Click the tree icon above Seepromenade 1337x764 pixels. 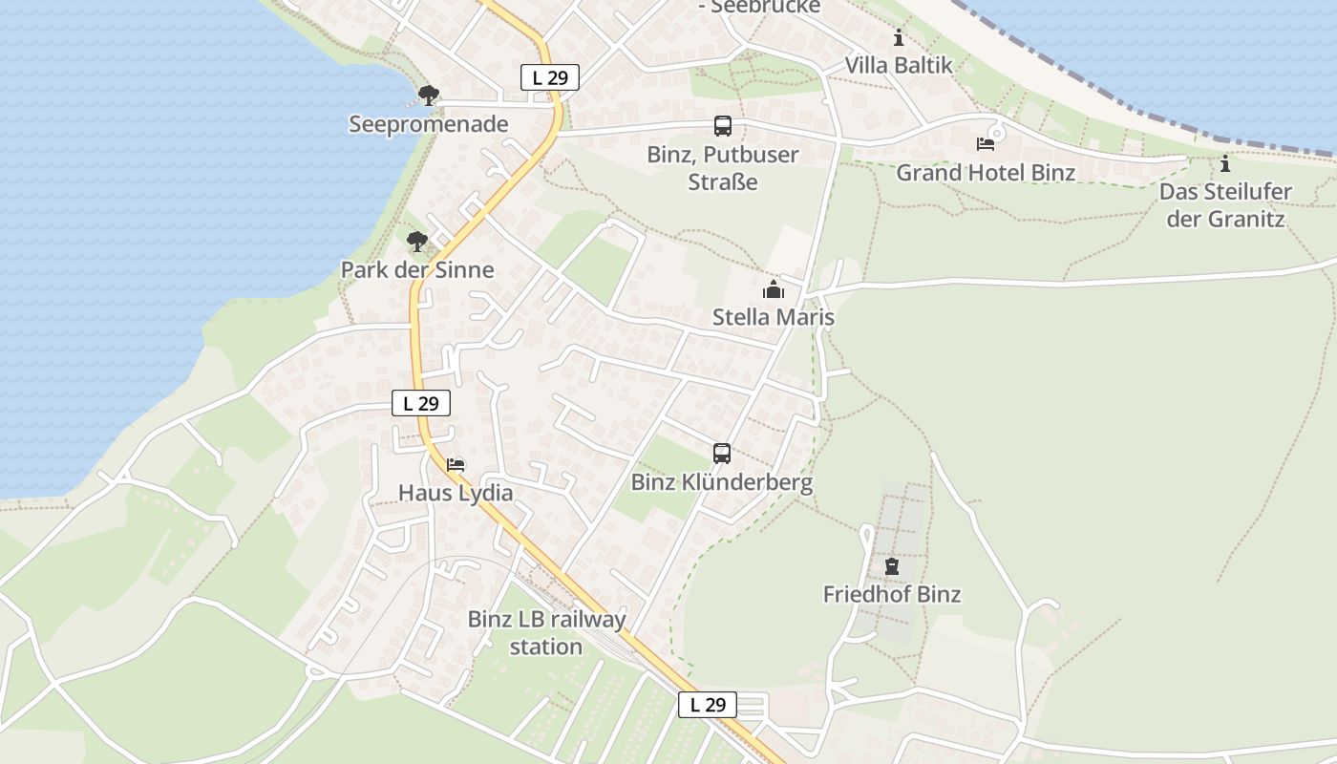pyautogui.click(x=429, y=95)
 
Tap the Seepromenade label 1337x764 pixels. pyautogui.click(x=429, y=124)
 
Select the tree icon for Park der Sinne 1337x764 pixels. pyautogui.click(x=416, y=241)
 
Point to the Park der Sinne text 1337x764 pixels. pyautogui.click(x=417, y=269)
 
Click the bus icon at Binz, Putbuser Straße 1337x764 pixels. pyautogui.click(x=723, y=126)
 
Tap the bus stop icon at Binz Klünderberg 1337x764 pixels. pyautogui.click(x=722, y=454)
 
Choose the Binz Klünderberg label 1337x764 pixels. pyautogui.click(x=722, y=482)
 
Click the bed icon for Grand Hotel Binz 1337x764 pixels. pyautogui.click(x=986, y=144)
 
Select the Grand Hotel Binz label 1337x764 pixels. pyautogui.click(x=986, y=173)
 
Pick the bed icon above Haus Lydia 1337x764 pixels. pyautogui.click(x=456, y=465)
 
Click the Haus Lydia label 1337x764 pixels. pyautogui.click(x=456, y=493)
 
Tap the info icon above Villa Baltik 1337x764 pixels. pyautogui.click(x=899, y=38)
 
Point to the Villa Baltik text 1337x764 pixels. pyautogui.click(x=899, y=65)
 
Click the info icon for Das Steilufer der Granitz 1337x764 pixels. pyautogui.click(x=1225, y=163)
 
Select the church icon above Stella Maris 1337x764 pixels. pyautogui.click(x=774, y=289)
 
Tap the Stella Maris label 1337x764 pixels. pyautogui.click(x=774, y=317)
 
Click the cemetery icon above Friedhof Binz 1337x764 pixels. pyautogui.click(x=892, y=566)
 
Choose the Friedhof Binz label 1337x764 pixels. pyautogui.click(x=892, y=594)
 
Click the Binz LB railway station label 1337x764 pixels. pyautogui.click(x=546, y=632)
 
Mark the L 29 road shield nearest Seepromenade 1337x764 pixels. pyautogui.click(x=550, y=77)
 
